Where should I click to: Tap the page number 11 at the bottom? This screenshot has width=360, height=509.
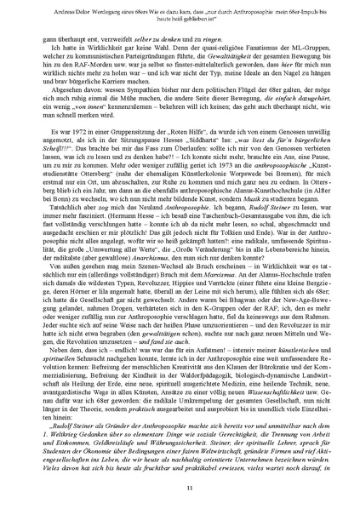(180, 486)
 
